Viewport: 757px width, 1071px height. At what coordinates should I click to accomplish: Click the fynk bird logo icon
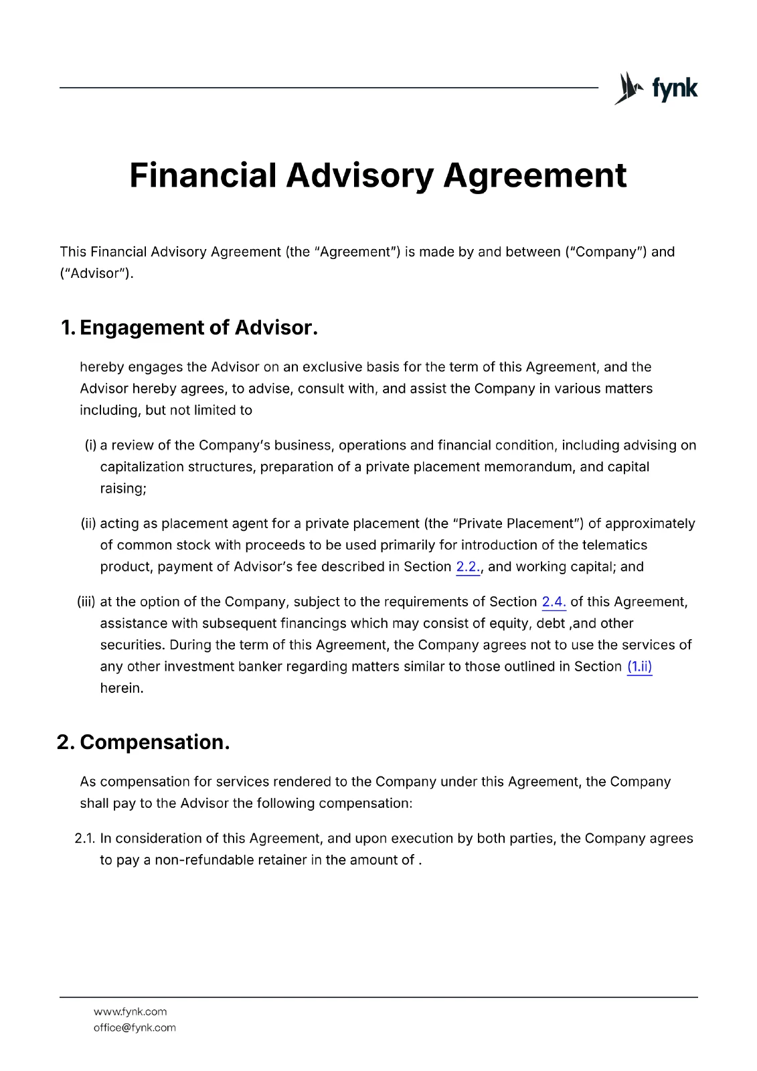(x=628, y=88)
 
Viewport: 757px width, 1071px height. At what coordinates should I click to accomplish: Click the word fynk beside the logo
(x=675, y=88)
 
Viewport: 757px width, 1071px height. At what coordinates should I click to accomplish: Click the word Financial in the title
(x=202, y=175)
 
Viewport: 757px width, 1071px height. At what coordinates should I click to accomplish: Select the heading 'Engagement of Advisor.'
(x=198, y=327)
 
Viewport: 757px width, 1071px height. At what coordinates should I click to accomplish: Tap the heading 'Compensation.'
(x=155, y=742)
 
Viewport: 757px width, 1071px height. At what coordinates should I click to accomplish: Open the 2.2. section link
(x=468, y=567)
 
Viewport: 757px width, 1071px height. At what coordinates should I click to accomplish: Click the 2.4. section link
(x=554, y=602)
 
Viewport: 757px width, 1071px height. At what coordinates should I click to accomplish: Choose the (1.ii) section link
(x=639, y=667)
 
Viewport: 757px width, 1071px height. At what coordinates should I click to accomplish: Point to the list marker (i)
(x=90, y=446)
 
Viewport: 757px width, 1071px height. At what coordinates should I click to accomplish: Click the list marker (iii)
(x=86, y=602)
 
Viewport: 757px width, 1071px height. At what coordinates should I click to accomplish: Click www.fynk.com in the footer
(x=130, y=1012)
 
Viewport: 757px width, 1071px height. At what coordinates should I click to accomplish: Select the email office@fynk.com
(x=135, y=1028)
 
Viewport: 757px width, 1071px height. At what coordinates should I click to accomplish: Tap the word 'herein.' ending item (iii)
(x=122, y=688)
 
